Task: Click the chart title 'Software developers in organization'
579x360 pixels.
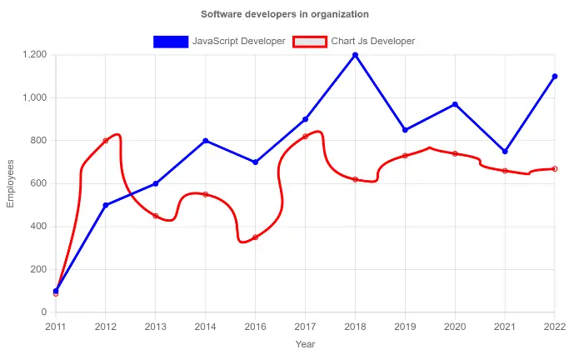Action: [285, 14]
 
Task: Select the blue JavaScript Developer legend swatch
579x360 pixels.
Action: [170, 41]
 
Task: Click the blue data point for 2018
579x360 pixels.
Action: [355, 55]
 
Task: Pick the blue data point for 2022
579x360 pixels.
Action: [555, 77]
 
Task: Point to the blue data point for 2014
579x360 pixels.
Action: [206, 141]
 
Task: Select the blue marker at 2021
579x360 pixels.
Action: [505, 152]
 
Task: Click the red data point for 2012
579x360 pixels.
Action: [106, 141]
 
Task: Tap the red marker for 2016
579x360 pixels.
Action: [256, 237]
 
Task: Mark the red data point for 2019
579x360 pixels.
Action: [405, 156]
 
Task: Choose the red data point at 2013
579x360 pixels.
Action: [156, 216]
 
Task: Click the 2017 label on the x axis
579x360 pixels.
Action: [305, 326]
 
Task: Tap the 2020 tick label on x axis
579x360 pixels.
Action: [455, 326]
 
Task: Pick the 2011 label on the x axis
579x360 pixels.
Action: [56, 326]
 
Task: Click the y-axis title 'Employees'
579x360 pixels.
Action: [11, 183]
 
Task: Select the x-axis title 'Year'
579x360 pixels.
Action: [305, 343]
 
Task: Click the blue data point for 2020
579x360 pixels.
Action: [455, 104]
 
